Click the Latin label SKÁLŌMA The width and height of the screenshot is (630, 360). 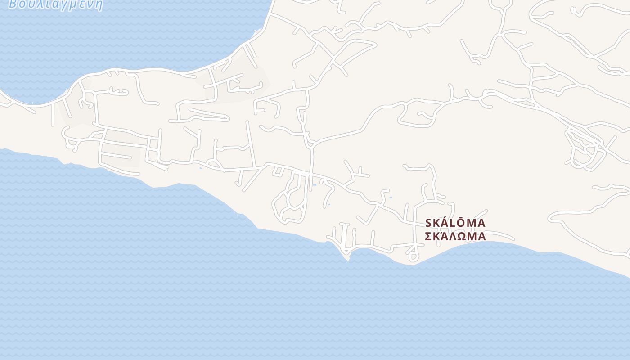(455, 223)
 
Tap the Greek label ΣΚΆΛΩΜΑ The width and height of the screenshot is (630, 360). (455, 236)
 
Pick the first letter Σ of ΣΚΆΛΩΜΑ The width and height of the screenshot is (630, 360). (428, 236)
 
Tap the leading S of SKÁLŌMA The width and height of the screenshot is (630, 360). (428, 223)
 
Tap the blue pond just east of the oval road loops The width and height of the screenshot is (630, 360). (315, 184)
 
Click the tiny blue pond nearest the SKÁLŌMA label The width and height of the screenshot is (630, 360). (391, 197)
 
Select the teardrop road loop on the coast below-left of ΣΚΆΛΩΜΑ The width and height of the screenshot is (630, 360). (413, 256)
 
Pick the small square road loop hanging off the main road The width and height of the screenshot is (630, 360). (278, 171)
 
